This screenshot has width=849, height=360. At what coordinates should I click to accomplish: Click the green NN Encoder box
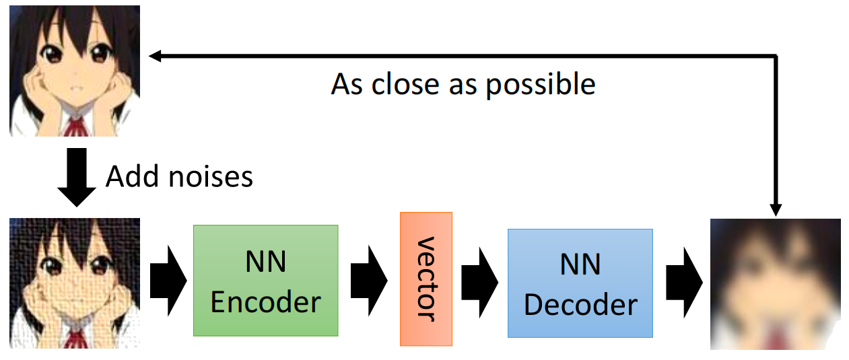[266, 281]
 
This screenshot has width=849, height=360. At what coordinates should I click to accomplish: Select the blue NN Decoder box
[580, 283]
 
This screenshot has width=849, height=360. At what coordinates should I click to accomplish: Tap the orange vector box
[426, 279]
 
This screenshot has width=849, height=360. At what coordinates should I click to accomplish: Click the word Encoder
[266, 302]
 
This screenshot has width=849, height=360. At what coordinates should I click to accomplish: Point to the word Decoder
[580, 304]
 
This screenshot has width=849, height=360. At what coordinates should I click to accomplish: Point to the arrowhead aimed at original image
[154, 57]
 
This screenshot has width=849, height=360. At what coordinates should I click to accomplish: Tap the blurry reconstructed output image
[776, 284]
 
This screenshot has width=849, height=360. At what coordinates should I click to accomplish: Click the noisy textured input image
[75, 283]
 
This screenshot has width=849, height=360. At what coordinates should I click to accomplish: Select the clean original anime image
[75, 71]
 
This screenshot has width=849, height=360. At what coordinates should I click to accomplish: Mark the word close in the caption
[410, 85]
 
